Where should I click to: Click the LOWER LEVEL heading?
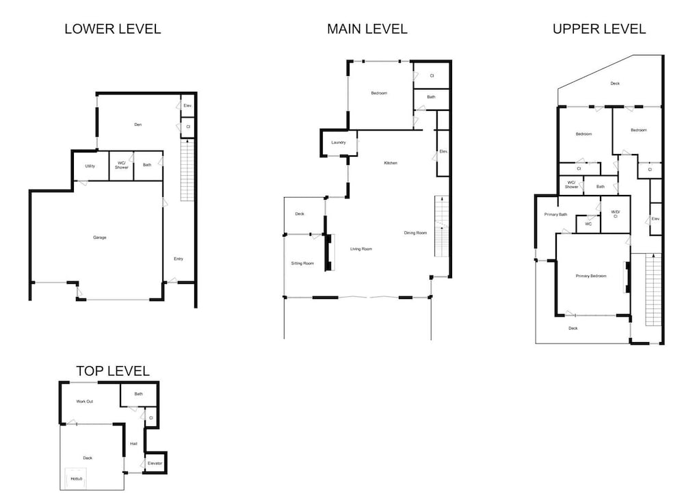click(x=113, y=29)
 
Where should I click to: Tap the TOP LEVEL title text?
click(x=113, y=371)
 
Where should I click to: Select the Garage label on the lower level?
click(x=99, y=237)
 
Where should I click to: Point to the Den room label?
click(x=138, y=125)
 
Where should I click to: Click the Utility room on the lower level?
click(x=90, y=166)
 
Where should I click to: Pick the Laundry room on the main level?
click(x=339, y=143)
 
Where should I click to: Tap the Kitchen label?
click(x=391, y=164)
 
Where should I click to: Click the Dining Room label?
click(x=415, y=233)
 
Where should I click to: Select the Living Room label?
click(x=361, y=249)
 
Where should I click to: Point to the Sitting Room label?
click(x=302, y=263)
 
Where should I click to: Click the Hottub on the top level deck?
click(x=76, y=479)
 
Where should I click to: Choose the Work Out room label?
click(x=85, y=402)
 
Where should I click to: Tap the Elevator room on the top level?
click(x=155, y=463)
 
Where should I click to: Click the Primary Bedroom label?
click(x=591, y=276)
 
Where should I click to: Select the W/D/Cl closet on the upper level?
click(x=616, y=214)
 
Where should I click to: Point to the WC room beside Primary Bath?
click(x=588, y=224)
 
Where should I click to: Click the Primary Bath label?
click(x=555, y=215)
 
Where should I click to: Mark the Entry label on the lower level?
click(x=179, y=259)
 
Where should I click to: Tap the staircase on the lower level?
click(x=187, y=170)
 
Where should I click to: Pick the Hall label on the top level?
click(x=133, y=444)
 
